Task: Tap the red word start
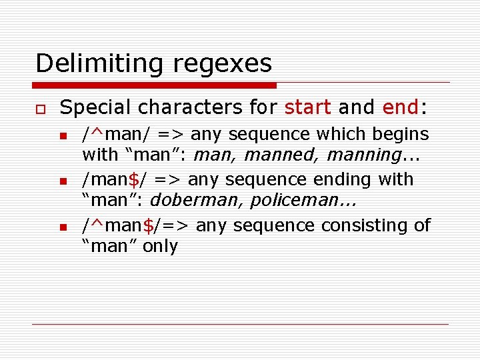308,107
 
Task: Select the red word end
400,107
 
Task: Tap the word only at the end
161,246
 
